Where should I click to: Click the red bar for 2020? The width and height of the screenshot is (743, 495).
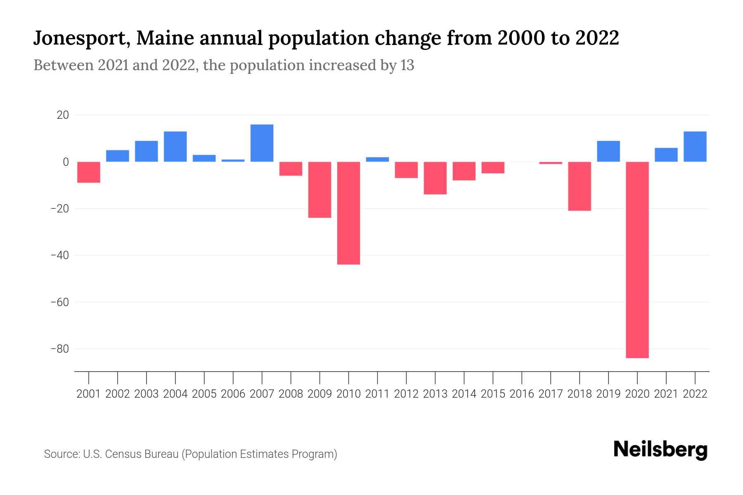(x=637, y=260)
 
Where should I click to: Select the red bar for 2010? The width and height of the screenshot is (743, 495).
(x=348, y=213)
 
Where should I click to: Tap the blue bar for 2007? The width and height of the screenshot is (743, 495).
(x=262, y=143)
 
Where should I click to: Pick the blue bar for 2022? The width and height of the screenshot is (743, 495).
(x=695, y=146)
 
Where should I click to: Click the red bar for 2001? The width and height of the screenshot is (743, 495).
(x=89, y=172)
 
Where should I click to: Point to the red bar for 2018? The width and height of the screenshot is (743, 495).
(x=579, y=186)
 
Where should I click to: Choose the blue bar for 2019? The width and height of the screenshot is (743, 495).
(x=608, y=151)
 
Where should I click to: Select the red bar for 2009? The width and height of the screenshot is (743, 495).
(x=319, y=189)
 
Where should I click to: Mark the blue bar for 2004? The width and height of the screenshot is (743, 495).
(x=175, y=146)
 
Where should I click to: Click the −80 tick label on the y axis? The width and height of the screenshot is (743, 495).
(x=59, y=349)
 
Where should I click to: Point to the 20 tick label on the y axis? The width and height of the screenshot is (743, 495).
(x=63, y=115)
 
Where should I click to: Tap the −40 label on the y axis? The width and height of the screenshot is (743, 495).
(x=59, y=255)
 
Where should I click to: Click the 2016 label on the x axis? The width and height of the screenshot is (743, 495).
(x=522, y=394)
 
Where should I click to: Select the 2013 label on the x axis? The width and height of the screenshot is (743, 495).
(x=435, y=394)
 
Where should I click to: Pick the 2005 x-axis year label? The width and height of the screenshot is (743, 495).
(x=204, y=394)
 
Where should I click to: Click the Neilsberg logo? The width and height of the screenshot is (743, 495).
(x=660, y=450)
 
